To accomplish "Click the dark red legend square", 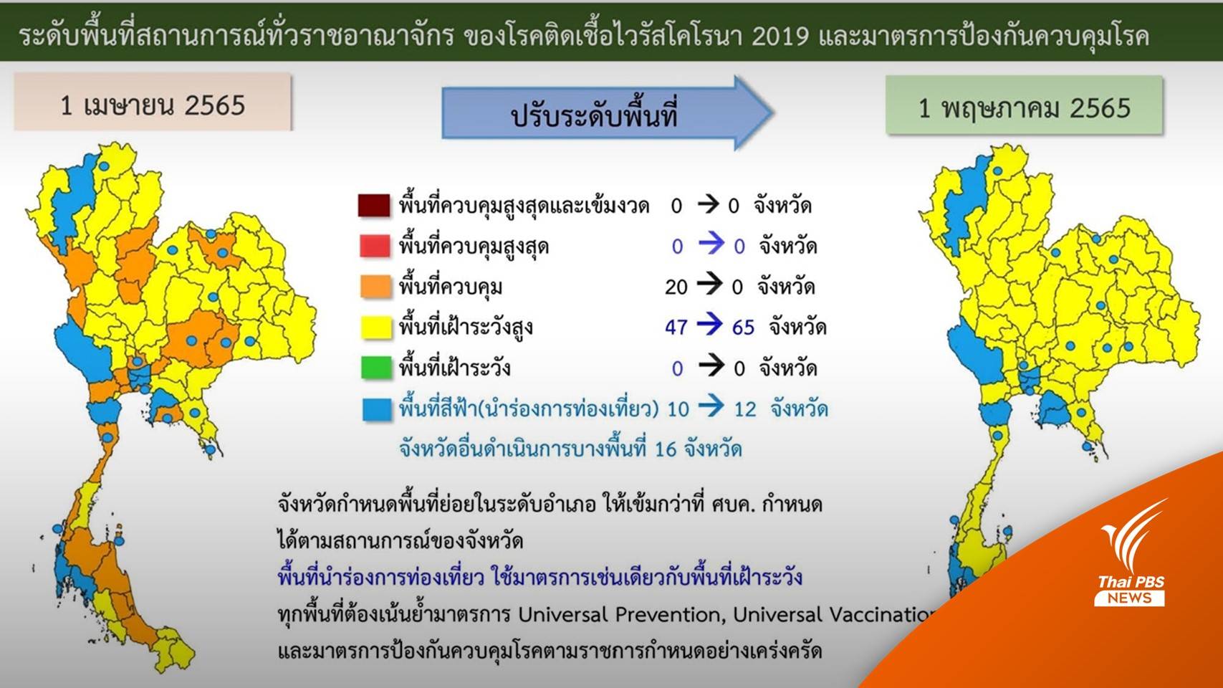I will click(374, 206).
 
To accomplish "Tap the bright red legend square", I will click(374, 246).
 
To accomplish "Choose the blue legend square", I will click(377, 408).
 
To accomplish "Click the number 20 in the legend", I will click(676, 287).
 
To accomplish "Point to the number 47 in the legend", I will click(676, 328).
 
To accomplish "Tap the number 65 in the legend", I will click(743, 328).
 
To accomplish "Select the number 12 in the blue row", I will click(744, 409).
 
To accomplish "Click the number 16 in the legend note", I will click(665, 449).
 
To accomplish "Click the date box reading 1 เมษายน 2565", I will click(153, 105).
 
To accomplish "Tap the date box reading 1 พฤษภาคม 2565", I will click(1024, 107).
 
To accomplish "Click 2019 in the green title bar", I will click(780, 36).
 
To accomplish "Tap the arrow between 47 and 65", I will click(709, 326).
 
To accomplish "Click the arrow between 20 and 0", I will click(709, 285).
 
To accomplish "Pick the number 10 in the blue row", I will click(678, 409).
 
